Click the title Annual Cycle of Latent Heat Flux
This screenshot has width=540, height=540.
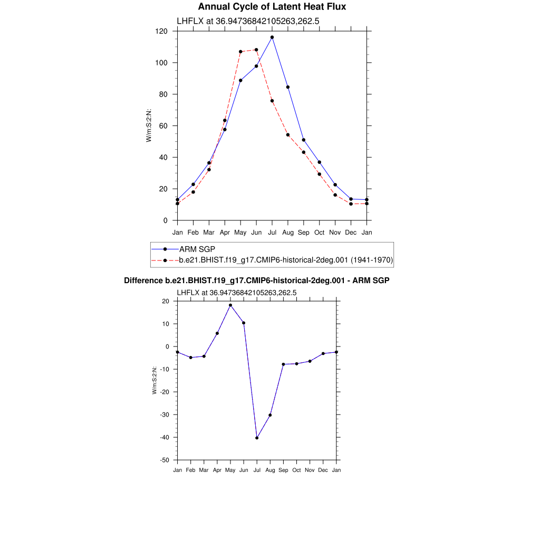coord(272,7)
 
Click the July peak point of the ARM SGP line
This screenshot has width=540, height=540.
coord(272,37)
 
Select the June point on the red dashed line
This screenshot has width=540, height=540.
coord(256,50)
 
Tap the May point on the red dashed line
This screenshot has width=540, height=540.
coord(240,52)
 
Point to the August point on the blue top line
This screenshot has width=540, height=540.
coord(288,87)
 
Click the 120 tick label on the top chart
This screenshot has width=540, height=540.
coord(161,31)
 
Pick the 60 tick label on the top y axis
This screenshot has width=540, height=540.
coord(163,126)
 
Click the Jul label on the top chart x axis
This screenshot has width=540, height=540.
coord(272,232)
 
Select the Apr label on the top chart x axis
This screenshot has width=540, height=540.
coord(225,232)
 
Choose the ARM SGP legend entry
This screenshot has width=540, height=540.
coord(197,249)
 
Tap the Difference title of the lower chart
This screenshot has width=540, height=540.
coord(256,281)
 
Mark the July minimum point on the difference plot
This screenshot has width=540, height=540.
coord(257,438)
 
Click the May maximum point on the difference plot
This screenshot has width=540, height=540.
coord(230,305)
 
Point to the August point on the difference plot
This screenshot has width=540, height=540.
coord(270,415)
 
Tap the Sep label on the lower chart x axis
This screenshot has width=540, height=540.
coord(283,470)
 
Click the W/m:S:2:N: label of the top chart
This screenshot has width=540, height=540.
coord(149,126)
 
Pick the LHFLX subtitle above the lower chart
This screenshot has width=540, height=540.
coord(236,292)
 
